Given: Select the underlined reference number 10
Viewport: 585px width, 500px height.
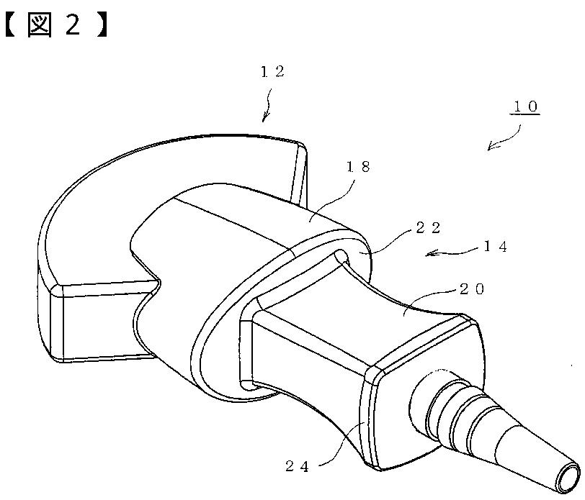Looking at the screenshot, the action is click(x=524, y=107).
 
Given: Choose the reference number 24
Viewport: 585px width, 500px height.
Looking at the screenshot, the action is click(x=296, y=466).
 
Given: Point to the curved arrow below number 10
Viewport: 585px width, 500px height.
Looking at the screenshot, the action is click(x=506, y=137).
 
